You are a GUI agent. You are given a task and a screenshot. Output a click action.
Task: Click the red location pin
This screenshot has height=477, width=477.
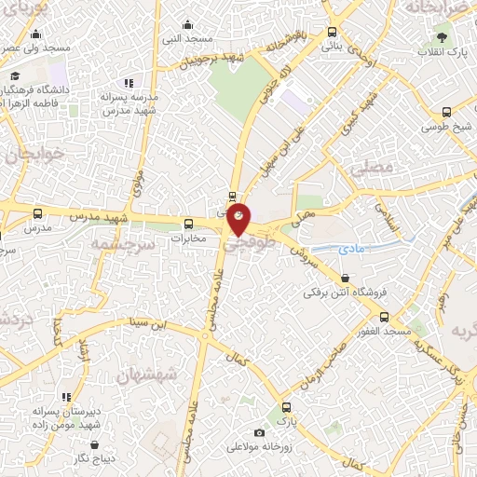coord(238,217)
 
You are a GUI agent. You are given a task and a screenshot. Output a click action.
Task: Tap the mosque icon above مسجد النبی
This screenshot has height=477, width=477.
coord(188,24)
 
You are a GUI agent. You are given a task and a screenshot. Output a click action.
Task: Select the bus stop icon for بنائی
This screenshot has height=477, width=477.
coord(333,32)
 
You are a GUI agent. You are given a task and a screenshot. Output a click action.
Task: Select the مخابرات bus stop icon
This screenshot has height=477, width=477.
coord(189,224)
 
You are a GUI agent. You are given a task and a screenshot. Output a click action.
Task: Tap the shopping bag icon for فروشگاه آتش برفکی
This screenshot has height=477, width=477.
coord(347,278)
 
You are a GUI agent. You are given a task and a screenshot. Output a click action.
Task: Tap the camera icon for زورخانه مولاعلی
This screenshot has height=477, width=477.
coord(259,432)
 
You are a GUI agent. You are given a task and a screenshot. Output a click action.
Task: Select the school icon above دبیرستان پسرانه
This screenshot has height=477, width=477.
coord(66,397)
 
